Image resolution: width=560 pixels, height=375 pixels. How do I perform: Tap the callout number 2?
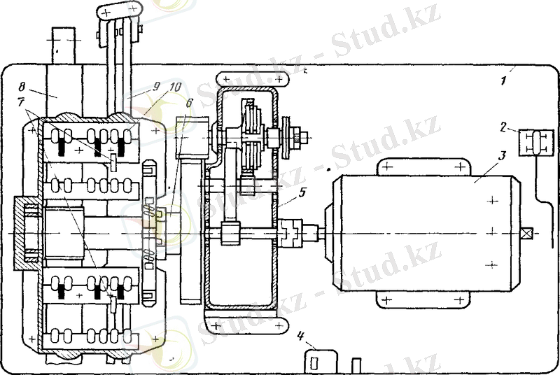[x=503, y=127]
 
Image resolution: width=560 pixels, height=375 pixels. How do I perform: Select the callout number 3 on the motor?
[x=502, y=155]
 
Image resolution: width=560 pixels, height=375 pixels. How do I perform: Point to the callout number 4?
[x=301, y=336]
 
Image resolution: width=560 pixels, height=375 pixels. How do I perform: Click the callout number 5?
[x=302, y=192]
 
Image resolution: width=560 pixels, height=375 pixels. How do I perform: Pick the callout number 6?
[x=189, y=103]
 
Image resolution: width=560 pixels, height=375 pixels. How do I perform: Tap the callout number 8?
[x=22, y=87]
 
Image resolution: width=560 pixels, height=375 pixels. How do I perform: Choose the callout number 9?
[x=156, y=87]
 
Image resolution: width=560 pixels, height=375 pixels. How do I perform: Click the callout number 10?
[x=176, y=87]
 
